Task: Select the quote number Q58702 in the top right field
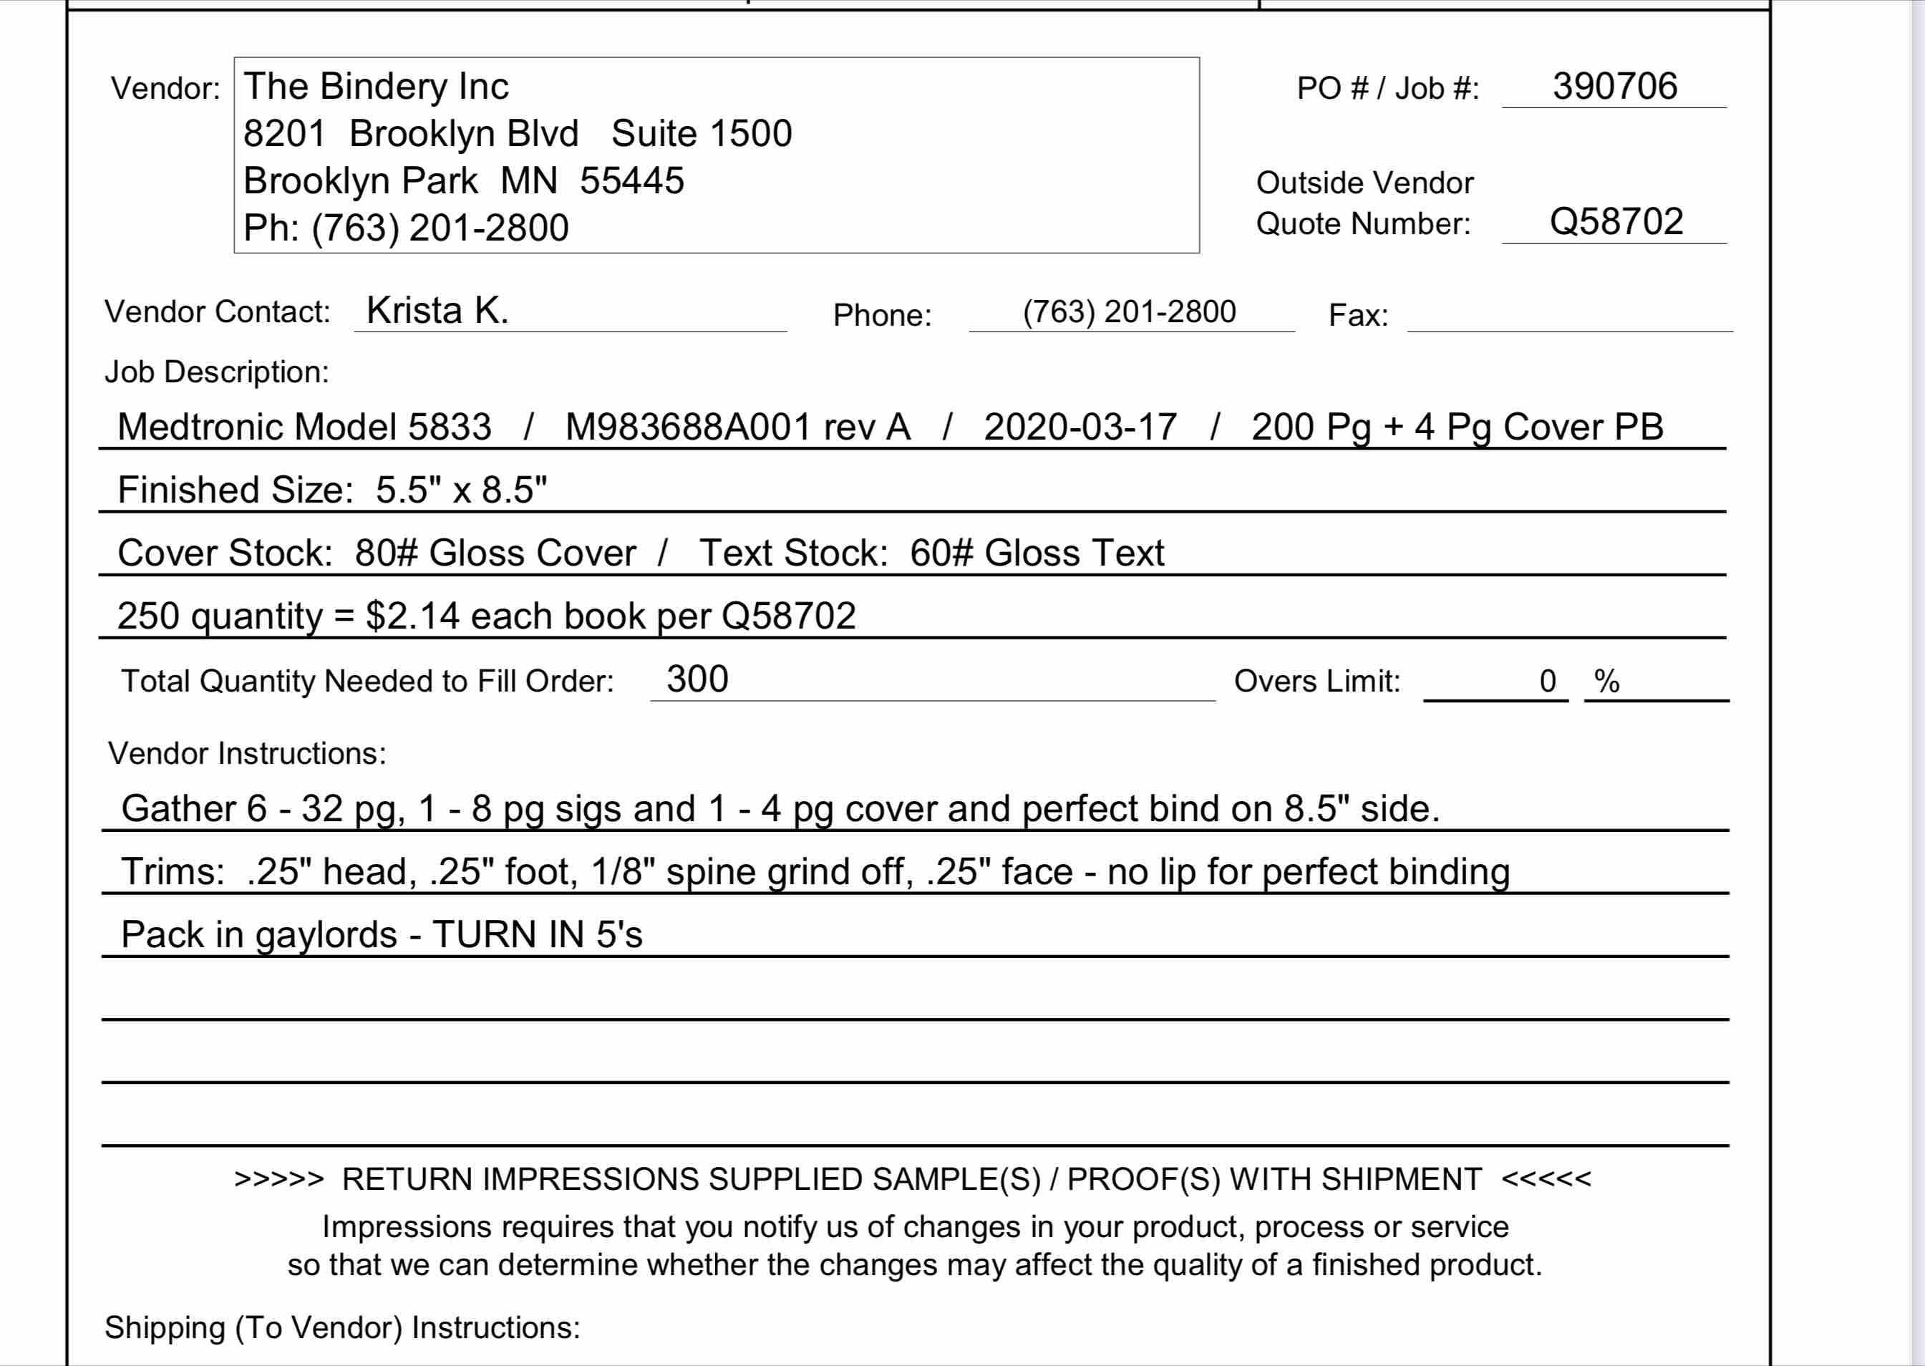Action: (x=1616, y=222)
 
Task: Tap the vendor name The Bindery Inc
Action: (x=376, y=87)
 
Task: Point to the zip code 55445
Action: (x=631, y=181)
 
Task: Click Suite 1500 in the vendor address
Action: (x=702, y=134)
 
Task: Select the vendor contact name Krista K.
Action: (x=437, y=311)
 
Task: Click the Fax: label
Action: (x=1357, y=316)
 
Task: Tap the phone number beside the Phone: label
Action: (x=1129, y=312)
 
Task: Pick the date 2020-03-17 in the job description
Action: (x=1080, y=427)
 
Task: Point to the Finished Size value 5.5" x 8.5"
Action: (x=461, y=490)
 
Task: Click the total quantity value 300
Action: (x=697, y=679)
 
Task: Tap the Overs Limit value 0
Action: (x=1548, y=682)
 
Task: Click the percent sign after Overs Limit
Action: (x=1606, y=682)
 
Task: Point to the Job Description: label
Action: (x=216, y=372)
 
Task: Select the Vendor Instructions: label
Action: (x=246, y=754)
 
